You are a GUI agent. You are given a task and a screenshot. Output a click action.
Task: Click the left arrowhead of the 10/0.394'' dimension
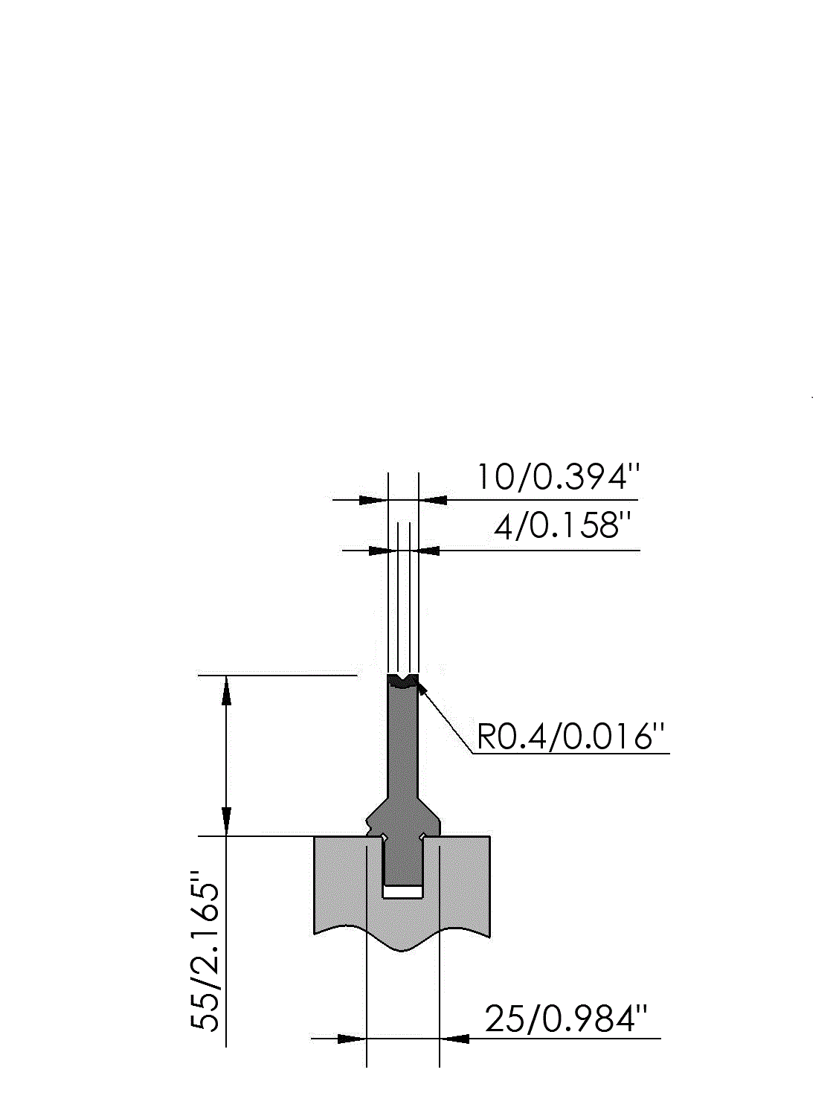373,500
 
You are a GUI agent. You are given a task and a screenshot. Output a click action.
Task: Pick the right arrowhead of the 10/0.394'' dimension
433,500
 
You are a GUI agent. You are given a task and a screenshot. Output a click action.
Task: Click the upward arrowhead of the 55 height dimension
227,690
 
